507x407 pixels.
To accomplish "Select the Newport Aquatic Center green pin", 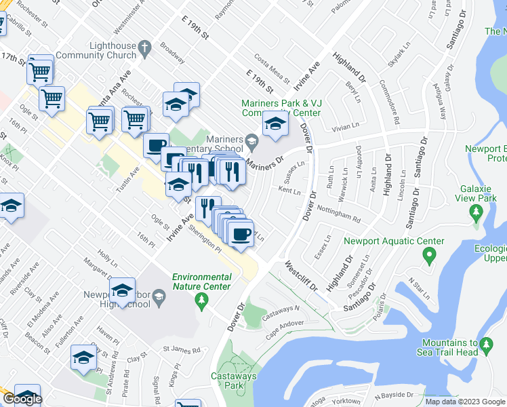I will click(x=428, y=256).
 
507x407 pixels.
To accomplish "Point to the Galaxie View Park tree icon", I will click(x=476, y=213).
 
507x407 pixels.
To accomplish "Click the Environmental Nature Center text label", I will click(x=201, y=282).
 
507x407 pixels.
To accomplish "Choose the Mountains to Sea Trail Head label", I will click(x=458, y=347).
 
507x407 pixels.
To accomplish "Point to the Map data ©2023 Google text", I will click(x=464, y=402).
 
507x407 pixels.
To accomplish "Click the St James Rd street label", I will click(x=182, y=350).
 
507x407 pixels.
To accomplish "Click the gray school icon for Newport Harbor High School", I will click(x=159, y=295).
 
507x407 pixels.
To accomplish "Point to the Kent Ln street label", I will click(x=289, y=191).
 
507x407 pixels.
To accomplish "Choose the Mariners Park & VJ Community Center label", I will click(x=281, y=108).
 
